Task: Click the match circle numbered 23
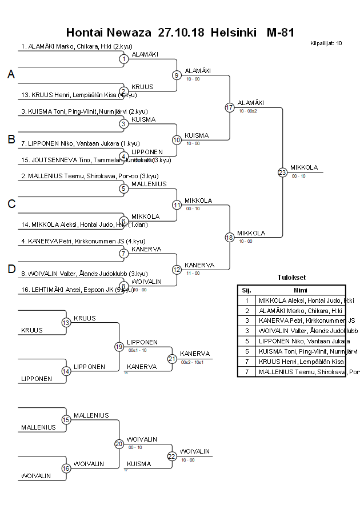(x=282, y=172)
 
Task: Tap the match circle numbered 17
(x=230, y=107)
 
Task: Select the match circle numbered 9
(x=177, y=75)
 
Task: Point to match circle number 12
(x=177, y=270)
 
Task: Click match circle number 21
(x=172, y=359)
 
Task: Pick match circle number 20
(x=119, y=444)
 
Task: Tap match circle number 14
(x=66, y=371)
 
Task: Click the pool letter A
(x=11, y=74)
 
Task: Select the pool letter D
(x=11, y=270)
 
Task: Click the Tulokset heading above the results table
(x=291, y=278)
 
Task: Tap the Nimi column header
(x=301, y=290)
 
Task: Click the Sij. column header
(x=247, y=290)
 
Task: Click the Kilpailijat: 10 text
(x=326, y=43)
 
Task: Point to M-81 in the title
(x=280, y=33)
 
